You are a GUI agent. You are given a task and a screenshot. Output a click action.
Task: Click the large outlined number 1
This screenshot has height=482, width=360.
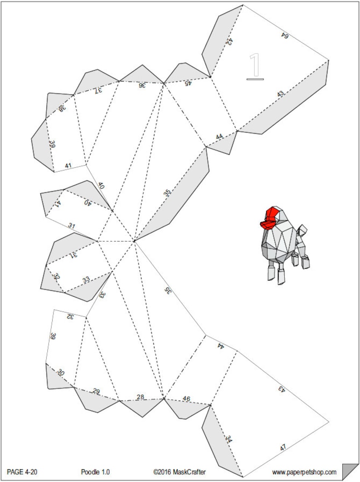point(255,66)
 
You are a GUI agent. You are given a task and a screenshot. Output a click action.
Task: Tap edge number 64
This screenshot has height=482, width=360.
point(284,35)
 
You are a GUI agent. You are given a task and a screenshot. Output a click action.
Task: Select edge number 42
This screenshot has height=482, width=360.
point(229,42)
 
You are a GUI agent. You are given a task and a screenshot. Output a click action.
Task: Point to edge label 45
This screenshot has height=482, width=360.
point(188,83)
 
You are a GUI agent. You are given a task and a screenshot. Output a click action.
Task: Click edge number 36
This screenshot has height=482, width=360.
point(142,85)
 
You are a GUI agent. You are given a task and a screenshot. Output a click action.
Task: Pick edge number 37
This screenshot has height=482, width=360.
point(97,90)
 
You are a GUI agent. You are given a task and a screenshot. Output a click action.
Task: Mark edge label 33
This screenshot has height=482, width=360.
point(86,280)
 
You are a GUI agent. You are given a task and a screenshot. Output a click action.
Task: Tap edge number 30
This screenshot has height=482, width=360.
point(60,373)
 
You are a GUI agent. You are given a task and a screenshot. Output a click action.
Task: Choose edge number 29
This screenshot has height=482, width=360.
point(96,391)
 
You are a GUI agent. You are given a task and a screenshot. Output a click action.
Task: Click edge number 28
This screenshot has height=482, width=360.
point(140,397)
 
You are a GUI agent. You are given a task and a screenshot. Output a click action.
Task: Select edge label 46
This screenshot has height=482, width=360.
point(186,399)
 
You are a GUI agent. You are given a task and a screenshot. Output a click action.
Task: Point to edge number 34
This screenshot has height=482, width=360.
point(229,439)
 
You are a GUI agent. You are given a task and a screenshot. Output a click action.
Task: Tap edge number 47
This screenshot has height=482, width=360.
point(282,448)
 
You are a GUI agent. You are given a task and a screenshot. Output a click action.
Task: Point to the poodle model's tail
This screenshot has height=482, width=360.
point(302,229)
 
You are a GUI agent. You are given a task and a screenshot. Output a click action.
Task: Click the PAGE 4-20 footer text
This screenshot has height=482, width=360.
point(22,472)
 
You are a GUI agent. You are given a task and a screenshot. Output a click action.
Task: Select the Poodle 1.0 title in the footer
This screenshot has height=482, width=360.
point(96,472)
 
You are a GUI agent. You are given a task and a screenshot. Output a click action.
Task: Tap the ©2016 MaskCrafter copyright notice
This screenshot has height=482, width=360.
point(179,472)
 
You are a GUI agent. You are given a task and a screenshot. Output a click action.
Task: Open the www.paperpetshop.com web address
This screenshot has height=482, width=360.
point(304,472)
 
